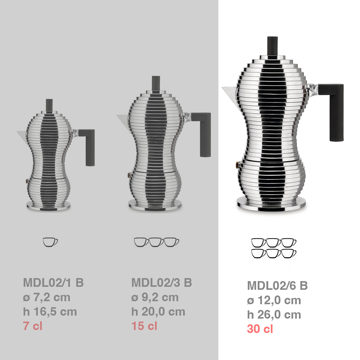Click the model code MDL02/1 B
pos(53,283)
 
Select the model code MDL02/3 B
pos(162,283)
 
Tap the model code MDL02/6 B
pos(277,286)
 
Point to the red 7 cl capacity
pos(33,326)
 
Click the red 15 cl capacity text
pos(144,326)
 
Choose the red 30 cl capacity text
pos(260,329)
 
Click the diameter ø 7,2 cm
pos(46,297)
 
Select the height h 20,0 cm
pos(158,312)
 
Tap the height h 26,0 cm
pos(274,315)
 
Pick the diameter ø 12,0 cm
pos(274,300)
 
